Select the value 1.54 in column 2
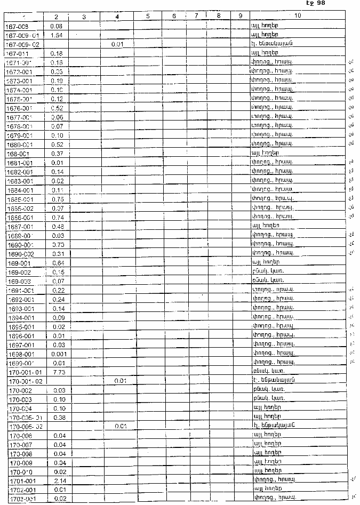pyautogui.click(x=57, y=35)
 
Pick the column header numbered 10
pyautogui.click(x=297, y=17)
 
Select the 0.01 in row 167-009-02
pyautogui.click(x=118, y=44)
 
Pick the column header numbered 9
pyautogui.click(x=241, y=17)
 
